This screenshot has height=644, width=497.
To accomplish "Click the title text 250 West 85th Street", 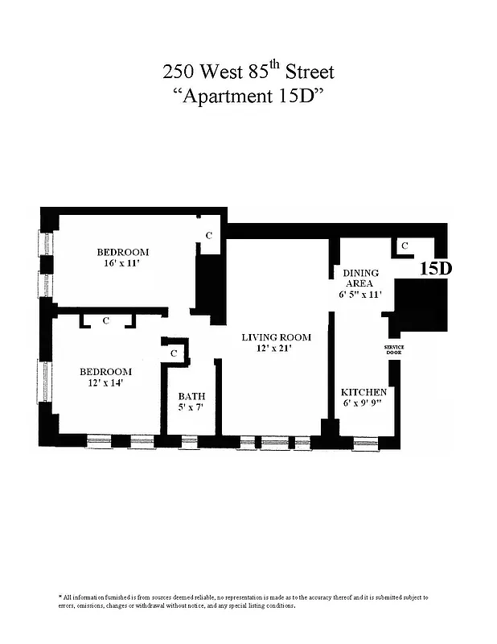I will pos(248,71).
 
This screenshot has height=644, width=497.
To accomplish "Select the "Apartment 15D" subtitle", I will pos(249,96).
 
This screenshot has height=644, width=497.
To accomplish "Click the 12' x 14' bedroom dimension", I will pos(105,383).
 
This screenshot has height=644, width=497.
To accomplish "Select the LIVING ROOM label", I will pos(276,337).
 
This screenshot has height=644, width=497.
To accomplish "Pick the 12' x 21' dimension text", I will pos(276,349).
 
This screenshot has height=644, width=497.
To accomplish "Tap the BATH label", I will pos(191,396).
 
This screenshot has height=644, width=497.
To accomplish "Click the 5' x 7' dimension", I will pos(191,408).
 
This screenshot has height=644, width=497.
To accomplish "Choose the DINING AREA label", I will pos(361,279).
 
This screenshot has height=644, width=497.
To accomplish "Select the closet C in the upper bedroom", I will pos(209,236).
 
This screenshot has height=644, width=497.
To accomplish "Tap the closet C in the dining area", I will pos(405,246).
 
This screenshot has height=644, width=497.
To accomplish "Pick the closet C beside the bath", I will pos(174,353).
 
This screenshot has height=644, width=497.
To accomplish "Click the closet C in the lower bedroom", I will pos(107,321).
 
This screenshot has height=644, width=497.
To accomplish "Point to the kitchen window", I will pos(365,442).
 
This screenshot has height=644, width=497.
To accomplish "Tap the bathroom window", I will pos(189,441).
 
